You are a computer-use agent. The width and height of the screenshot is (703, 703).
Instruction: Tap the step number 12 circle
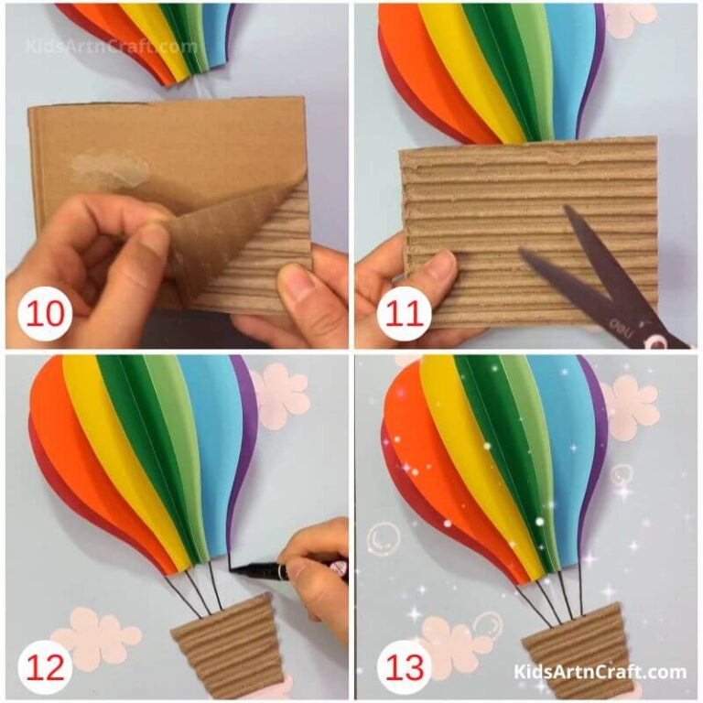(44, 667)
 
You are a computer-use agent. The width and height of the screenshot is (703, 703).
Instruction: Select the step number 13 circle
(397, 667)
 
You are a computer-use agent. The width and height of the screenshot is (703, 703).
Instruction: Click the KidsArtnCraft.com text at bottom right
(600, 673)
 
